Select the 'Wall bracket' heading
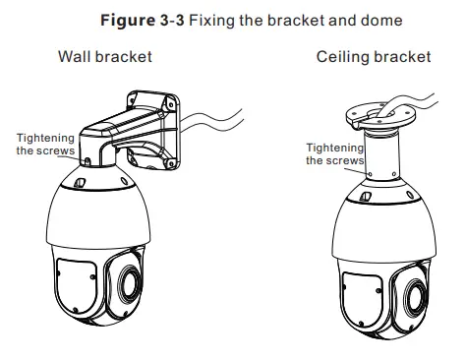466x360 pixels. coord(103,57)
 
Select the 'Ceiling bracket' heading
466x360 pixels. coord(374,57)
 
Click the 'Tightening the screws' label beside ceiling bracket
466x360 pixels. coord(334,153)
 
